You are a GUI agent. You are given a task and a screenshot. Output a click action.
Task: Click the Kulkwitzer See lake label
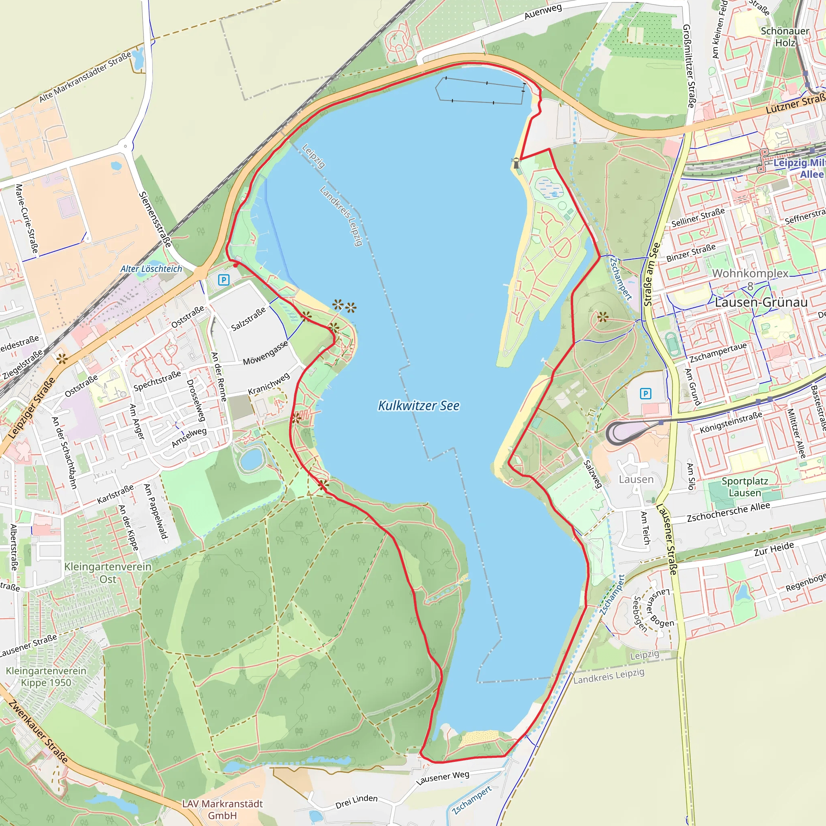(x=419, y=405)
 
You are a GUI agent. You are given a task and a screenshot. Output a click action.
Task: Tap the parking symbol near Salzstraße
(x=223, y=280)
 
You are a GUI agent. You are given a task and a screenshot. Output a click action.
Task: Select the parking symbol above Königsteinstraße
(x=646, y=393)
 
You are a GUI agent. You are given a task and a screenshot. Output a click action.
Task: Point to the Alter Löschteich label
(x=151, y=269)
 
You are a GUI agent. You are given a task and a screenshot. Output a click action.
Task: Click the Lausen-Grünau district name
(x=761, y=302)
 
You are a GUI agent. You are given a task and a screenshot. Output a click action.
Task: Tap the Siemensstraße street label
(x=155, y=219)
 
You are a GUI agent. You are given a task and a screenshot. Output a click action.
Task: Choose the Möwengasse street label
(x=265, y=353)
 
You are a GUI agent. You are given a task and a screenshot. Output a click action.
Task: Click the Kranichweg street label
(x=269, y=384)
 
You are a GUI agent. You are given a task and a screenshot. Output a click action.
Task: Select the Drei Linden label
(x=357, y=802)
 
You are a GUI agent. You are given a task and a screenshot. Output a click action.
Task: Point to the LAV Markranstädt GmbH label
(x=222, y=809)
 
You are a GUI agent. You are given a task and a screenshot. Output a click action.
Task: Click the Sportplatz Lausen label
(x=745, y=487)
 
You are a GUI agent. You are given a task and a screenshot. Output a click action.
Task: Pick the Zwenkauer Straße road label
(x=38, y=732)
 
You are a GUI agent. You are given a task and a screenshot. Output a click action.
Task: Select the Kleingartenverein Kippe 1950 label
(x=46, y=676)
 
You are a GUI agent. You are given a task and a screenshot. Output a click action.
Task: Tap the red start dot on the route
(x=236, y=265)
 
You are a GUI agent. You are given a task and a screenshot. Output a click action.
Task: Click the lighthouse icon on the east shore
(x=516, y=163)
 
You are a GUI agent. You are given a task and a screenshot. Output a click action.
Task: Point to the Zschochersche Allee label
(x=728, y=512)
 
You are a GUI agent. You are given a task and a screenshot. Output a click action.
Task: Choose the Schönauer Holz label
(x=785, y=37)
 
